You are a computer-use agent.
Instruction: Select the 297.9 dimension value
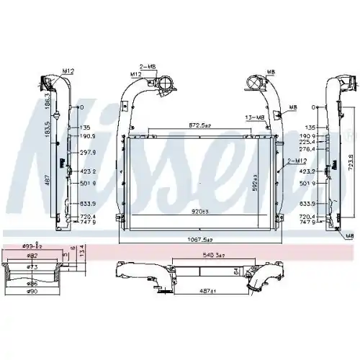87,152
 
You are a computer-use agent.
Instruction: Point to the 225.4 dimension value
328,143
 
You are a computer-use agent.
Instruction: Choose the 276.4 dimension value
328,151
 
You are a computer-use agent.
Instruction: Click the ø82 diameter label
32,256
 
